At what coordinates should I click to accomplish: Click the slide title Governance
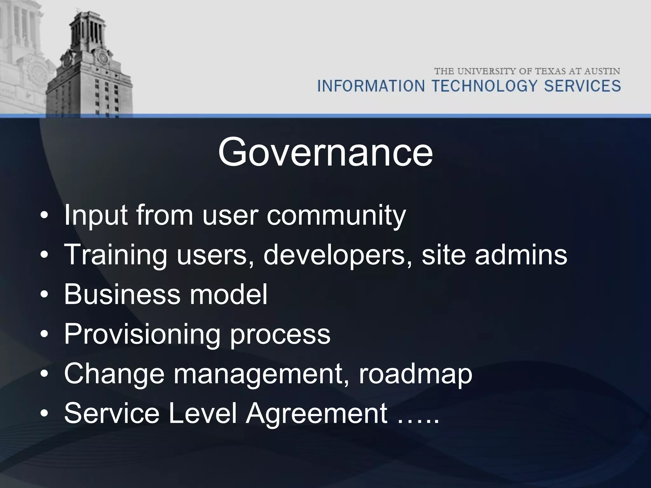(x=325, y=152)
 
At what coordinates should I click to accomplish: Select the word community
(x=336, y=216)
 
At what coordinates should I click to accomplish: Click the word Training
(x=116, y=255)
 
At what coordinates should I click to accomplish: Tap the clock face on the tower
(x=102, y=58)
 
